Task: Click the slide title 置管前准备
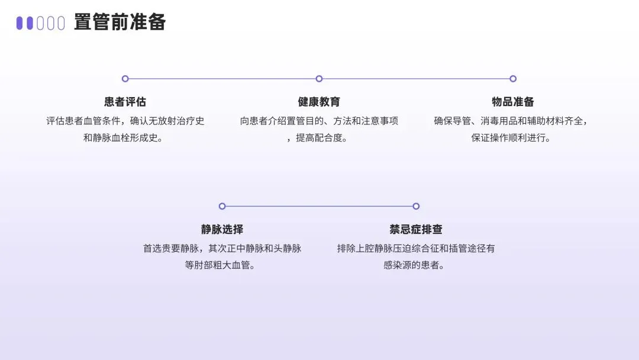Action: [x=120, y=22]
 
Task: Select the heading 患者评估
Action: [x=125, y=102]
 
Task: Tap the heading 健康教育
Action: [x=319, y=102]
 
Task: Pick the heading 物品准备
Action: [x=512, y=102]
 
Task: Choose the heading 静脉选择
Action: [x=222, y=229]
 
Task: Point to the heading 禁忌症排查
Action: [x=416, y=229]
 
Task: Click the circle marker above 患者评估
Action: [x=125, y=79]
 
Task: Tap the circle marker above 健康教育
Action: [x=319, y=79]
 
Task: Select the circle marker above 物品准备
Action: [x=513, y=79]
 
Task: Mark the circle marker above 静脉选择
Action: [x=222, y=206]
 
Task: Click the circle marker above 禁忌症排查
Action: [x=416, y=206]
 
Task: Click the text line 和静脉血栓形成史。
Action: [x=125, y=138]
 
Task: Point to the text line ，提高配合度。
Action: [x=319, y=138]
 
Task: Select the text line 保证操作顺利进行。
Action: [x=512, y=138]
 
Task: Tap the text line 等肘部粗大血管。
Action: [x=222, y=265]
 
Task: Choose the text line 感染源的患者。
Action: [x=416, y=265]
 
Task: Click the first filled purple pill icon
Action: [x=20, y=23]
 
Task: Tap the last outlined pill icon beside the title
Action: [x=60, y=23]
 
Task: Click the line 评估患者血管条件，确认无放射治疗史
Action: [x=125, y=121]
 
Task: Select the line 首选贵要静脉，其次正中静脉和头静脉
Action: [x=222, y=248]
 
